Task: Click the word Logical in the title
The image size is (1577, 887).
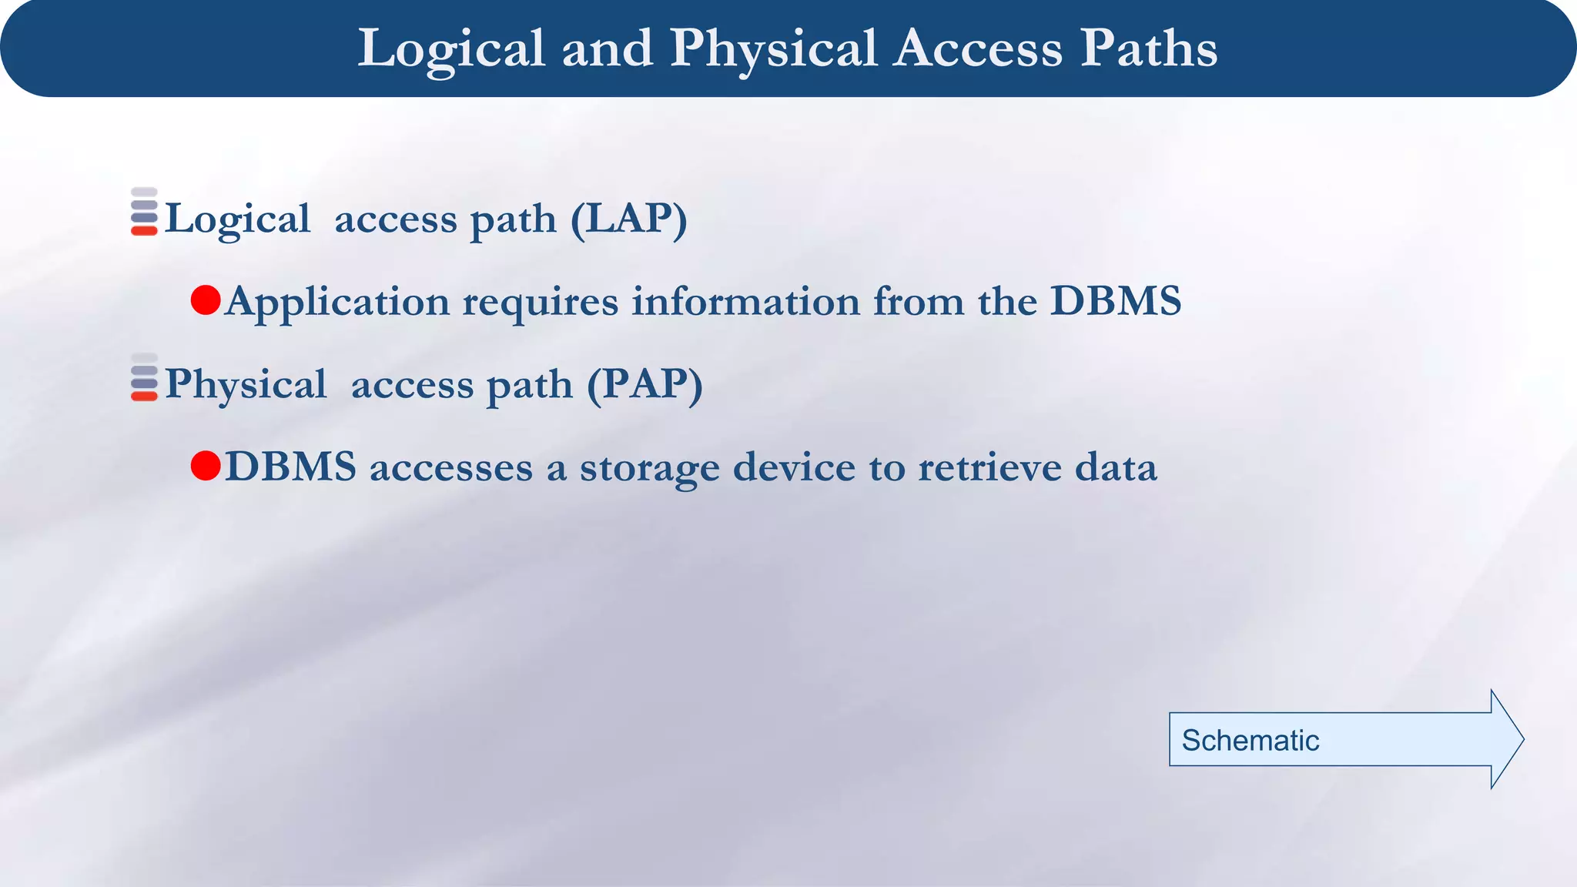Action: click(452, 49)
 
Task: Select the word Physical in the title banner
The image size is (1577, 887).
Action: click(773, 49)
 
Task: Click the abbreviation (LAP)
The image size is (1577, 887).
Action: click(628, 219)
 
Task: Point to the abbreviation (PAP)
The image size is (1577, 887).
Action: click(645, 385)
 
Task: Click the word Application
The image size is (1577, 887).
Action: click(337, 302)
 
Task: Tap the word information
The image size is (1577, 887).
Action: click(745, 302)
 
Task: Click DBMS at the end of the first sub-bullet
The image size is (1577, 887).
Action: click(1116, 302)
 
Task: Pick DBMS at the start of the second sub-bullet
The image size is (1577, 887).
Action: click(291, 467)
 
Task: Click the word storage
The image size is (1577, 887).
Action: click(650, 467)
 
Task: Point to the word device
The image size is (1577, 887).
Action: click(794, 467)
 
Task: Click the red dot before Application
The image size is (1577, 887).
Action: click(206, 300)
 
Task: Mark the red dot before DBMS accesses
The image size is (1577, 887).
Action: click(206, 466)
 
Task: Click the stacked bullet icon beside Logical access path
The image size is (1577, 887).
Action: click(144, 212)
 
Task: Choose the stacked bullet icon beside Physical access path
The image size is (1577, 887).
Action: click(144, 377)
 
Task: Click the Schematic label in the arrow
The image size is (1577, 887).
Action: click(1250, 741)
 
